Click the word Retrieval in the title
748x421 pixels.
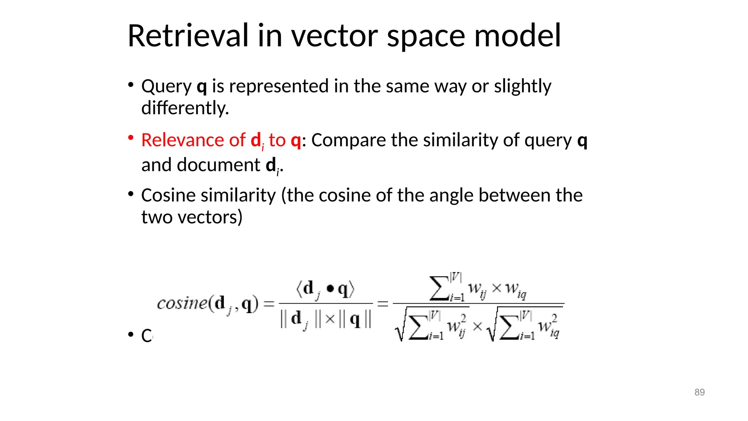(x=188, y=36)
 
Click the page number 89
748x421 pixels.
(x=699, y=392)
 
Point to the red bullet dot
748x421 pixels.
(x=130, y=138)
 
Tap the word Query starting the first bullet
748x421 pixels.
(x=166, y=87)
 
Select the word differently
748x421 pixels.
(x=185, y=108)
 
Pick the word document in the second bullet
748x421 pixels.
(x=219, y=165)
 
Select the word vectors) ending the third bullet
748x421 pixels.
(x=210, y=217)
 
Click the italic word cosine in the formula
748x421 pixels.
(x=182, y=303)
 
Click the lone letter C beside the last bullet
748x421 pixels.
(x=146, y=335)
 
